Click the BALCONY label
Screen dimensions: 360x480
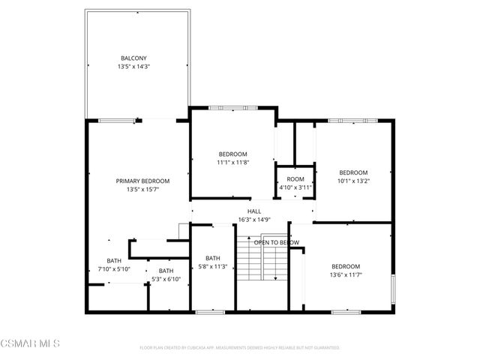133,58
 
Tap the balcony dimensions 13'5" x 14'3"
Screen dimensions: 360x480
133,67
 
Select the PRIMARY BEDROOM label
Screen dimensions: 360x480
142,181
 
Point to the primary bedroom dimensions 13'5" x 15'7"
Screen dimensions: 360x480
142,190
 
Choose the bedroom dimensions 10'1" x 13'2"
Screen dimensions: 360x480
353,180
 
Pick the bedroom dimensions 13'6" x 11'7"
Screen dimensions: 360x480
346,275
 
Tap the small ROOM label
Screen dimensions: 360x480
295,179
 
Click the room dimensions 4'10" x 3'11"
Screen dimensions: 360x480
295,187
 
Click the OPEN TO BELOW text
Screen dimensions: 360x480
276,242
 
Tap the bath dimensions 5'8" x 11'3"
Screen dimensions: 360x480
213,266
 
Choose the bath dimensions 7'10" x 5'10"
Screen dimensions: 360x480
114,268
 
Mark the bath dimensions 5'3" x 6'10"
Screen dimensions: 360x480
166,279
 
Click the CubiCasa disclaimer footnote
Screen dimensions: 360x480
240,348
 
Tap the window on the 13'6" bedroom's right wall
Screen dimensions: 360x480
391,289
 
